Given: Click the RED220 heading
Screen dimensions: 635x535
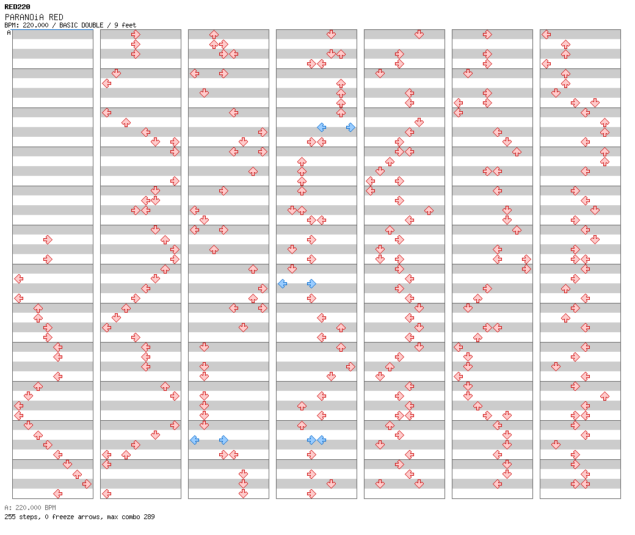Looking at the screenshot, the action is [x=17, y=7].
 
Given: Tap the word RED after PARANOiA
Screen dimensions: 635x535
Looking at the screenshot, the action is [x=56, y=18].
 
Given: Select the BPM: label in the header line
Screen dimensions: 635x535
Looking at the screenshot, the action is [x=12, y=25].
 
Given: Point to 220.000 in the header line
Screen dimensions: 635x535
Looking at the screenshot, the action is [x=35, y=25].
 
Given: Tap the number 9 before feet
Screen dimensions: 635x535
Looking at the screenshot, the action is [x=116, y=25].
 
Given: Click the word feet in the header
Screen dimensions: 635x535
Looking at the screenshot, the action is [x=129, y=25].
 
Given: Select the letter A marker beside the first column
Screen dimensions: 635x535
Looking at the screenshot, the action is [x=9, y=33].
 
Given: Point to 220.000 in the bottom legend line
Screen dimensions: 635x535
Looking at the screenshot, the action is [x=28, y=508].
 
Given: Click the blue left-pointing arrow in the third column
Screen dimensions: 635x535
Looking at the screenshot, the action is [x=194, y=440].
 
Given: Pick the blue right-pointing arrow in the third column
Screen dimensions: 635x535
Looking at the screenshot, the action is [x=223, y=440].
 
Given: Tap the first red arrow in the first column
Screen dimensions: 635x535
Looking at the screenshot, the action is [x=48, y=240].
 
